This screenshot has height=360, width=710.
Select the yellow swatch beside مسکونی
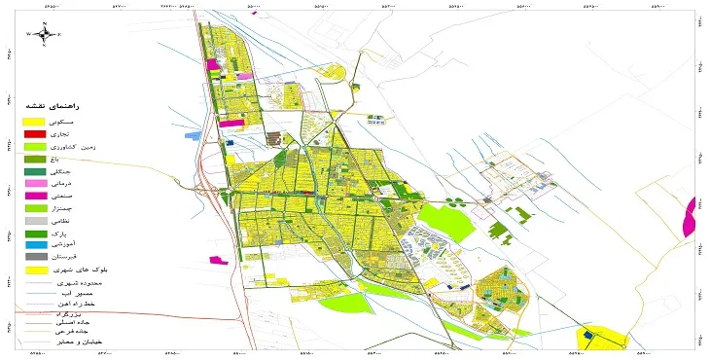pyautogui.click(x=35, y=121)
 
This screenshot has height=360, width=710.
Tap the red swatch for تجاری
pyautogui.click(x=35, y=133)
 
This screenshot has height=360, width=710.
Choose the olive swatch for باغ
pyautogui.click(x=35, y=159)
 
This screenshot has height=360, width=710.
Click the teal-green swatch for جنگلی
pyautogui.click(x=35, y=171)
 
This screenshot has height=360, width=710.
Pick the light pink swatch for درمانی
pyautogui.click(x=35, y=184)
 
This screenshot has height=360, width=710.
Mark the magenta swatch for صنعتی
pyautogui.click(x=35, y=196)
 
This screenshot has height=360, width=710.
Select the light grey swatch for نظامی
pyautogui.click(x=35, y=221)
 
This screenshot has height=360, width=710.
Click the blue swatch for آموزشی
pyautogui.click(x=35, y=245)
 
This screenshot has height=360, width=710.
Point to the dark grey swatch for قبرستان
pyautogui.click(x=35, y=257)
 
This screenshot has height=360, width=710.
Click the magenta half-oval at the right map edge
pyautogui.click(x=691, y=216)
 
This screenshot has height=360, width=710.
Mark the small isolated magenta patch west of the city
pyautogui.click(x=215, y=259)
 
